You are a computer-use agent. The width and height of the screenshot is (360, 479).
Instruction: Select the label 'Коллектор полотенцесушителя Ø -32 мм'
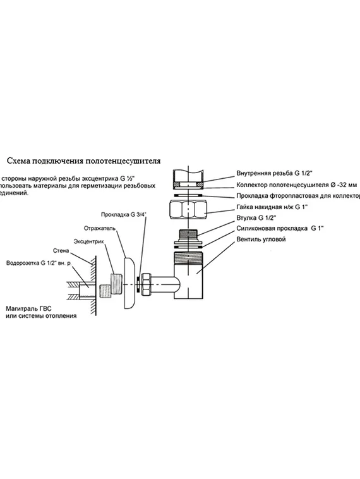296,185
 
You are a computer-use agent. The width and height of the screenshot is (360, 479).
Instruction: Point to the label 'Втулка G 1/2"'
256,219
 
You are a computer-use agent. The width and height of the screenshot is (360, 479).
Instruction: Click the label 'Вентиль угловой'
261,240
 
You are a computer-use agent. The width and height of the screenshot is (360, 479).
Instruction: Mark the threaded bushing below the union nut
189,236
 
